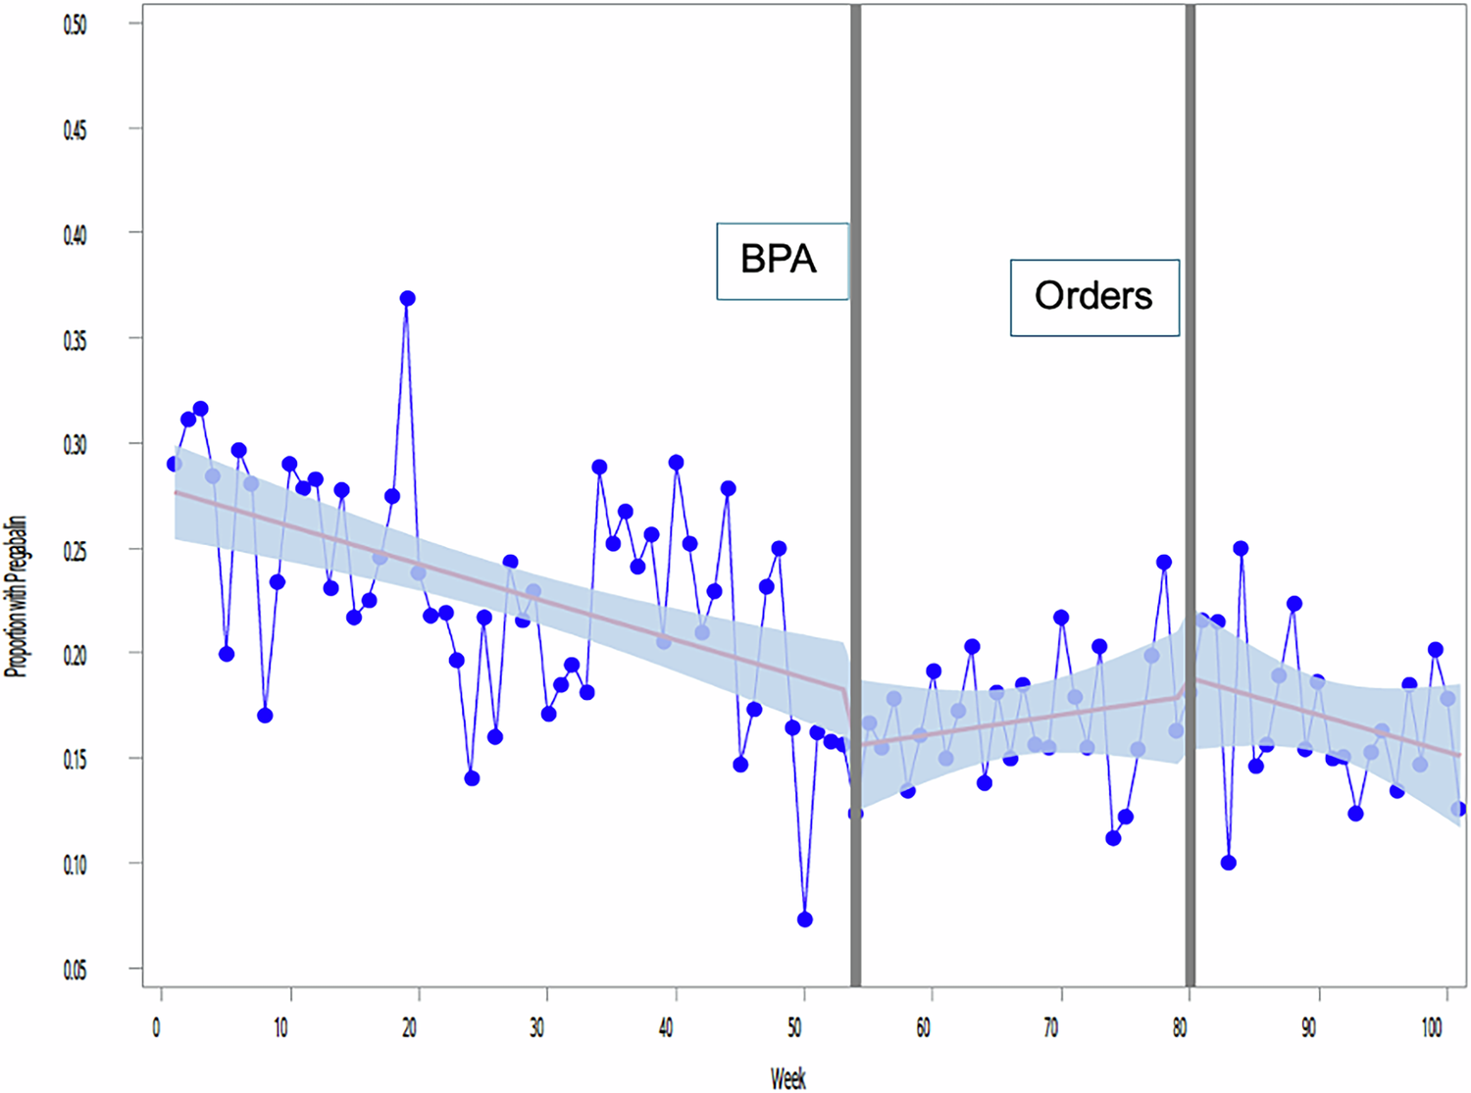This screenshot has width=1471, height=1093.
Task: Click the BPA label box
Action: click(781, 261)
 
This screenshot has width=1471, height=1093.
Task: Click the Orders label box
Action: click(1093, 297)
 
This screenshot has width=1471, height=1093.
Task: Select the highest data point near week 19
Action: click(407, 298)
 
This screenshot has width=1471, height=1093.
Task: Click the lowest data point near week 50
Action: click(805, 919)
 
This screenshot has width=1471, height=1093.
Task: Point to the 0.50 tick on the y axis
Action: click(75, 25)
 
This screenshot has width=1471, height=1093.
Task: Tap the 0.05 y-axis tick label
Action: click(75, 969)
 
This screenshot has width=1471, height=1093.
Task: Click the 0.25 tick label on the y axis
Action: click(75, 550)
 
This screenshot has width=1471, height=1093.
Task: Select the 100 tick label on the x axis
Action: click(1432, 1027)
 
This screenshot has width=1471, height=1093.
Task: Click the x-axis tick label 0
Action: click(157, 1027)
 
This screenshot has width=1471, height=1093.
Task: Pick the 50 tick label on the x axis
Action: click(794, 1027)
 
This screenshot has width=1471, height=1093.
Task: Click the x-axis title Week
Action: click(787, 1078)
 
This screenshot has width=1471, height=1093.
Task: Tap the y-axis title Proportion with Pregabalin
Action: click(16, 596)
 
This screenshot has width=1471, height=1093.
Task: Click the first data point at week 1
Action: click(175, 464)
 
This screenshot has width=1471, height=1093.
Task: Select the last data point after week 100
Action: click(1458, 809)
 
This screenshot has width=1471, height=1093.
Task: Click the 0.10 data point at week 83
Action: click(1229, 863)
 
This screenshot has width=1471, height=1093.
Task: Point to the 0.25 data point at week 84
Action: click(1241, 548)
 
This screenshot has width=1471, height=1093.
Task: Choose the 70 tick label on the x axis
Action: click(1050, 1027)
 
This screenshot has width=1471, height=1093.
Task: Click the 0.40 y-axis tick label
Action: click(75, 235)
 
